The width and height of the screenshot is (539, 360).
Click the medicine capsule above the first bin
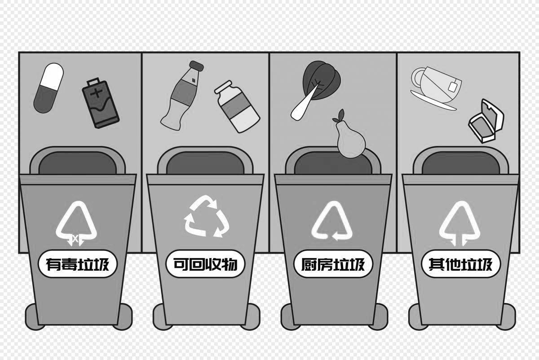click(x=49, y=88)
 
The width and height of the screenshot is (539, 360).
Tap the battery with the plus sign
click(x=101, y=104)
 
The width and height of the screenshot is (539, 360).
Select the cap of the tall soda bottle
click(x=197, y=66)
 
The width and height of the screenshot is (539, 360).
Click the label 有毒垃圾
click(x=78, y=264)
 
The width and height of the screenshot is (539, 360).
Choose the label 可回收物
click(x=205, y=264)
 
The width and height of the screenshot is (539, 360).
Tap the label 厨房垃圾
click(x=333, y=264)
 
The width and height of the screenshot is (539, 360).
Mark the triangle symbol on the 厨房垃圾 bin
click(x=333, y=222)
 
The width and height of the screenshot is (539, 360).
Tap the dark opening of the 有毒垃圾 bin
click(x=78, y=164)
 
